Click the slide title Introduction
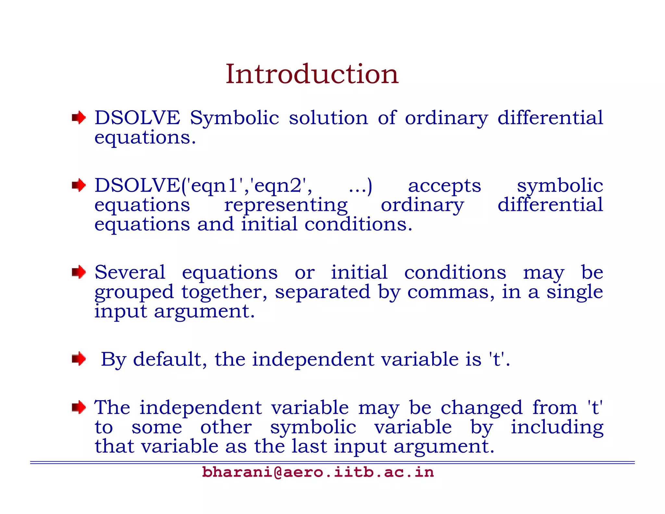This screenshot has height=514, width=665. click(312, 74)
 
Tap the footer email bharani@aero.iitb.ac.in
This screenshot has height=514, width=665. click(318, 472)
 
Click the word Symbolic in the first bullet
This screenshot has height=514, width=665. click(234, 118)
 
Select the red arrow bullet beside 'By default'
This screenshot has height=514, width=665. click(79, 359)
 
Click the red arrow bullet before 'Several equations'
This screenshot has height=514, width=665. click(79, 272)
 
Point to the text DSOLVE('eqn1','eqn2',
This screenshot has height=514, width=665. click(203, 186)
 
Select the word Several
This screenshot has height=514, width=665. click(130, 272)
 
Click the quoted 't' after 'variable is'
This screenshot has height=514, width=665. click(497, 359)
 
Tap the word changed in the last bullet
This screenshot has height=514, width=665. click(481, 408)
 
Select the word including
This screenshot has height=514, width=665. click(557, 428)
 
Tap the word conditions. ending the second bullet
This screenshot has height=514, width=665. click(358, 225)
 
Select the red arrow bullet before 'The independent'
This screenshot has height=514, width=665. click(79, 407)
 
